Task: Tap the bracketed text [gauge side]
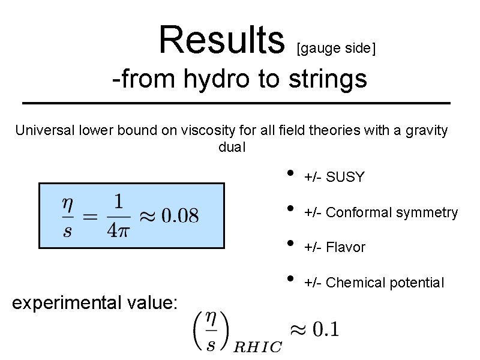[336, 48]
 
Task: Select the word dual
[232, 147]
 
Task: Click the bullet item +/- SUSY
[334, 177]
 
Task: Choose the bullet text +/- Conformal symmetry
[381, 212]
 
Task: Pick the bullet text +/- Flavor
[335, 247]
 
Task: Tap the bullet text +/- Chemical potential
[374, 283]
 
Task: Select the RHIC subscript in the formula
[257, 347]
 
